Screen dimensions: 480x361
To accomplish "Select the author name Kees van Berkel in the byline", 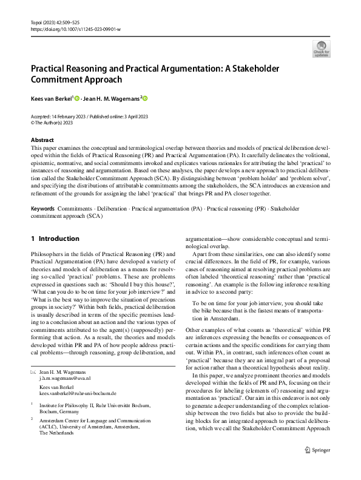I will pos(51,98).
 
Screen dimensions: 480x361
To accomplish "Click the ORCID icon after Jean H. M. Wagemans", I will pos(146,98).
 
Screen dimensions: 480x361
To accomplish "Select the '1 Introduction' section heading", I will pos(59,238).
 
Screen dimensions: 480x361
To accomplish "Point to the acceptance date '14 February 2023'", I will pos(73,115).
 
